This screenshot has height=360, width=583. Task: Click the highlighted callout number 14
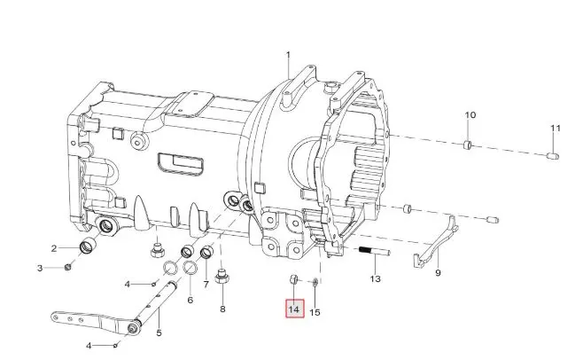[x=294, y=309]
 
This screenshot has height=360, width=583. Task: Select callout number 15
[x=315, y=312]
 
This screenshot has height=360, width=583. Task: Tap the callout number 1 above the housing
[x=288, y=55]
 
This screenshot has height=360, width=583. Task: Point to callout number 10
[x=470, y=115]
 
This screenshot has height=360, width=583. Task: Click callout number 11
[x=556, y=129]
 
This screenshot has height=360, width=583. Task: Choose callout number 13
[x=376, y=278]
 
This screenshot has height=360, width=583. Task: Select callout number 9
[x=438, y=273]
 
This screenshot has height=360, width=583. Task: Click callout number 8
[x=222, y=309]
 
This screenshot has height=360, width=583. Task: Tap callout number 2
[x=54, y=248]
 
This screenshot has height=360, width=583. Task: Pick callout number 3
[x=40, y=268]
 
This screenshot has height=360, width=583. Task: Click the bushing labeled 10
[x=468, y=145]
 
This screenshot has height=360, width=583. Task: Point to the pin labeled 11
[x=553, y=156]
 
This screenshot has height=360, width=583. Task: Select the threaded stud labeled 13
[x=375, y=251]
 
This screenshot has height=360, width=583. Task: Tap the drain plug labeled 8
[x=222, y=277]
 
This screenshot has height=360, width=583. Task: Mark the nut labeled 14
[x=293, y=279]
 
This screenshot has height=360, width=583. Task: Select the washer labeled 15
[x=315, y=282]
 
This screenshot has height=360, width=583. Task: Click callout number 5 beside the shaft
[x=159, y=333]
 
